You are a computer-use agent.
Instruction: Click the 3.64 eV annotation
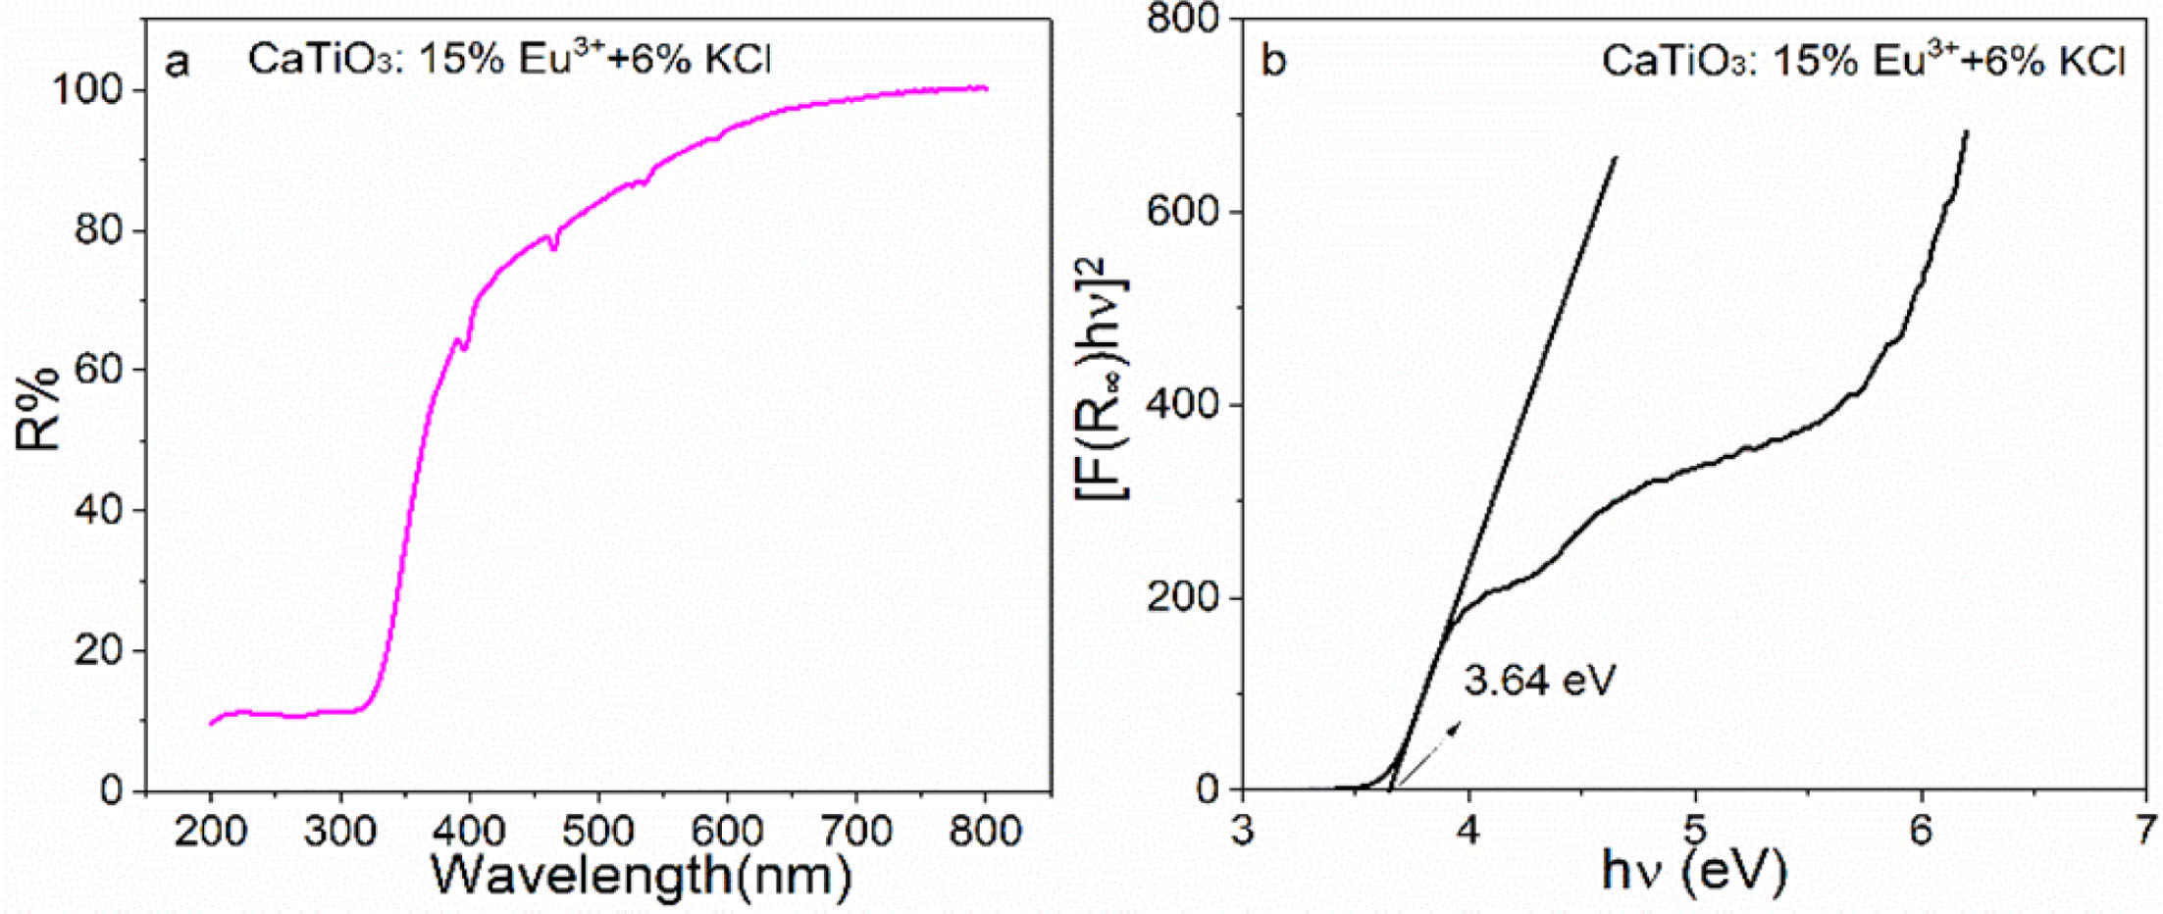click(1538, 680)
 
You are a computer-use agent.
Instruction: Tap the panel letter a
click(177, 62)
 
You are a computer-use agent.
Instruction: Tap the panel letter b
click(1273, 62)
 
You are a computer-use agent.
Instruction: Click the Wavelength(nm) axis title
click(640, 875)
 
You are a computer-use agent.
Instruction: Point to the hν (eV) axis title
click(1693, 869)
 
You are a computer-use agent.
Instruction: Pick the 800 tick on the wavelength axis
click(985, 832)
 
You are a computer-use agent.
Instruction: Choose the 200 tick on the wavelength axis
click(210, 832)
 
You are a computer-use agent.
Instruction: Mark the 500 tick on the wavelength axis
click(597, 832)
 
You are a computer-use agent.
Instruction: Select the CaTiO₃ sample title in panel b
click(1863, 61)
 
